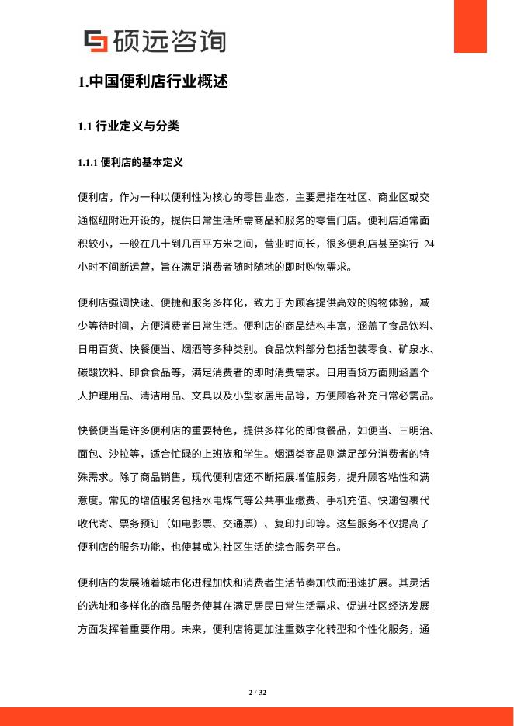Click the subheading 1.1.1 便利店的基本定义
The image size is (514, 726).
[x=130, y=163]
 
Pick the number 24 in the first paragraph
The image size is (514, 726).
[x=429, y=244]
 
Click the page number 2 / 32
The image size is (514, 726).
[x=257, y=691]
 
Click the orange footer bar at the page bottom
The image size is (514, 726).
[x=257, y=716]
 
